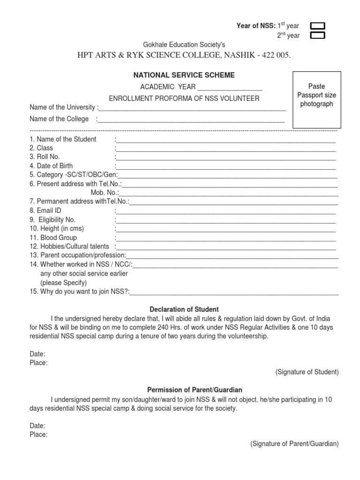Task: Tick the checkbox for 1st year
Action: tap(318, 26)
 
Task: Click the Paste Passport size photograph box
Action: tap(317, 99)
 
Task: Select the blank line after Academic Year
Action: tap(230, 87)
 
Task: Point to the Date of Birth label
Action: tap(51, 166)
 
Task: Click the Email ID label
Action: tap(45, 210)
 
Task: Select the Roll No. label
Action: tap(45, 157)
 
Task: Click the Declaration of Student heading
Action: tap(184, 309)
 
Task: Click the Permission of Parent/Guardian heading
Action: tap(195, 390)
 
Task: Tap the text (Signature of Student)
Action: tap(307, 372)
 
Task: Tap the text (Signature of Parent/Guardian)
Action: tap(294, 443)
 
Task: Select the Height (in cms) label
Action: tap(52, 228)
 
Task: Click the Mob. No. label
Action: tap(105, 193)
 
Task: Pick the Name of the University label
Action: tap(63, 107)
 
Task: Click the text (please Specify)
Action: tap(63, 283)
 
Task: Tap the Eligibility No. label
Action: tap(52, 219)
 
